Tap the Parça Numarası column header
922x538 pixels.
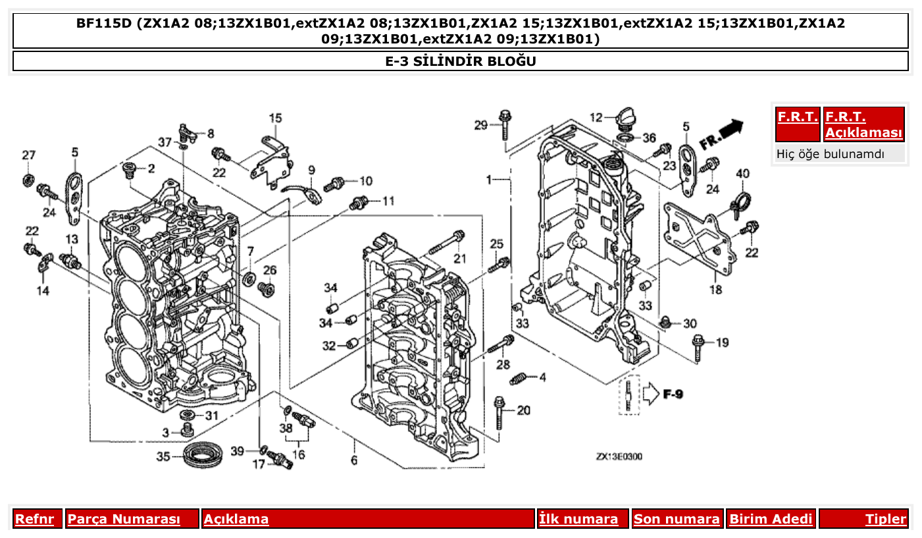[124, 519]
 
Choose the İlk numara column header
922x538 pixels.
[578, 519]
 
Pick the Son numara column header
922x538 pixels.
[677, 519]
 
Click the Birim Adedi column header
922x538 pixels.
[771, 519]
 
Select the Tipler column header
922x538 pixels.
[885, 519]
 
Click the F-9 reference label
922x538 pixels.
[673, 394]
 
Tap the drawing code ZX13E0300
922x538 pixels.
[619, 456]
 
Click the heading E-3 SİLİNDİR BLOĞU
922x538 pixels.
[461, 61]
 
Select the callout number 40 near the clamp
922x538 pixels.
[742, 174]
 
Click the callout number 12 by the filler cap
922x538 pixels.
[596, 118]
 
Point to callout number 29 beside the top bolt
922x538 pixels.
[481, 125]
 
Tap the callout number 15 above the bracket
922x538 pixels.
[275, 118]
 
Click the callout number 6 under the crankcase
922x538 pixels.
[354, 460]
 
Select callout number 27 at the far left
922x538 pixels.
[28, 155]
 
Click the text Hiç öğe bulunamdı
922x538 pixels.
[831, 154]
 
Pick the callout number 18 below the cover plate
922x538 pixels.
[715, 289]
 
